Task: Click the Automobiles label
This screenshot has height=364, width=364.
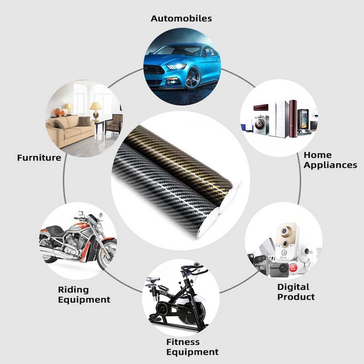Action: pos(181,19)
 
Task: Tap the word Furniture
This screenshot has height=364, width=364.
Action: pos(39,158)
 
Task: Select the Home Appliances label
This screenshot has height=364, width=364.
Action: pos(330,160)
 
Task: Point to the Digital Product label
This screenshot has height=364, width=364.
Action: pos(296,292)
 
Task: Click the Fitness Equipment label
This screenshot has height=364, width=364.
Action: pos(192,347)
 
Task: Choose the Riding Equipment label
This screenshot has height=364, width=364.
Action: pos(84,295)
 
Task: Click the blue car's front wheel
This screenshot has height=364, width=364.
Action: pos(193,77)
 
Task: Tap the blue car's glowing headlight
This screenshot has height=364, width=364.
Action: pos(176,66)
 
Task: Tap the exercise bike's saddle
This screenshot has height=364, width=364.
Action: pos(153,280)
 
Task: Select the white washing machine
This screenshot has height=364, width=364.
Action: pos(261,124)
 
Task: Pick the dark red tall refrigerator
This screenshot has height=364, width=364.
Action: pos(293,118)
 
